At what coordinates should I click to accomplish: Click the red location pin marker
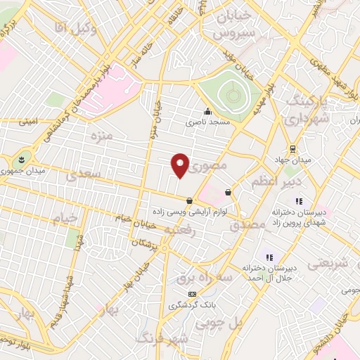pyautogui.click(x=180, y=166)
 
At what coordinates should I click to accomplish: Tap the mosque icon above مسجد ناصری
pyautogui.click(x=207, y=111)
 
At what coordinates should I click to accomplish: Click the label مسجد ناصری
pyautogui.click(x=208, y=122)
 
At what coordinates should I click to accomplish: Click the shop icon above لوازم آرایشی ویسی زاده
pyautogui.click(x=190, y=200)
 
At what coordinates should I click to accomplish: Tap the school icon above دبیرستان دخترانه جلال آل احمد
pyautogui.click(x=267, y=257)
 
